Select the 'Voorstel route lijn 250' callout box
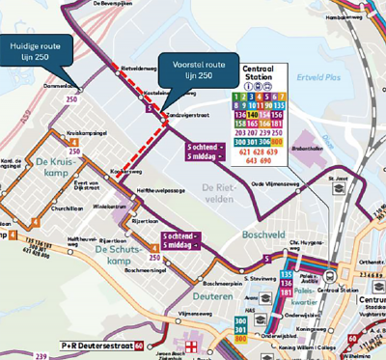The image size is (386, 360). tap(197, 68)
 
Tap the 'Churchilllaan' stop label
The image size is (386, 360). tap(68, 207)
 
